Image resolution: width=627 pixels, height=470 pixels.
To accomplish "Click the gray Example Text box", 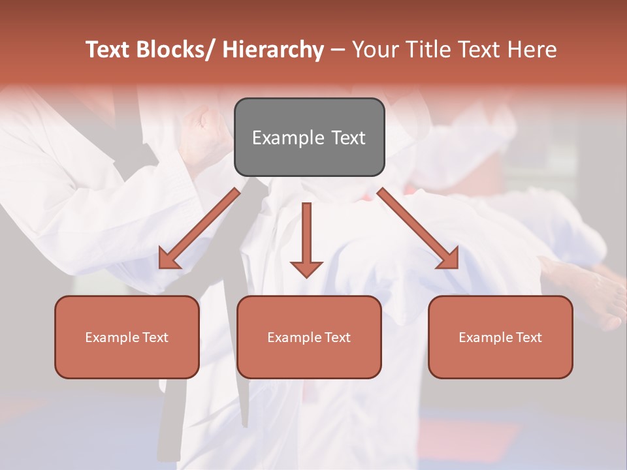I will point(309,137).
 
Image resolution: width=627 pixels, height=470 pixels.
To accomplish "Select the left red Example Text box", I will point(127,337).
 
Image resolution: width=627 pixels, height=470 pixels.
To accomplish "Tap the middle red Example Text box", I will point(309,337).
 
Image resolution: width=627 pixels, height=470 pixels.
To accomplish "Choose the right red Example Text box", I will point(500,337).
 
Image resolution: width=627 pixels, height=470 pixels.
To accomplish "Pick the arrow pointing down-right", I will point(418,228).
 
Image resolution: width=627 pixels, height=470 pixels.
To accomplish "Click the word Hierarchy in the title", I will point(273,50).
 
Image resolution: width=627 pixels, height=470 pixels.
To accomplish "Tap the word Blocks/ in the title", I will point(176,50).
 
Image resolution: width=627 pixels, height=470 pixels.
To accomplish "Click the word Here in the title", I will point(533,50).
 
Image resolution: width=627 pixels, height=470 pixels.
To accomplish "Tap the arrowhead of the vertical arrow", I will point(306,268).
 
